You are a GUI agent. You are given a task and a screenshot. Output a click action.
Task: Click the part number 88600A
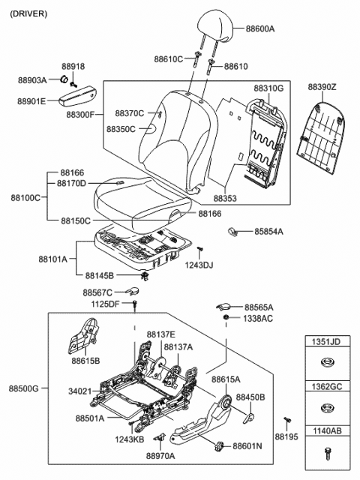(260, 28)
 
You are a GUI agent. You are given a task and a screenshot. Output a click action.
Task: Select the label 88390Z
(322, 87)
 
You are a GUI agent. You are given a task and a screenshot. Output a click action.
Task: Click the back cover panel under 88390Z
(321, 124)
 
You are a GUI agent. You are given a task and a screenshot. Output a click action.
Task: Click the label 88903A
(32, 79)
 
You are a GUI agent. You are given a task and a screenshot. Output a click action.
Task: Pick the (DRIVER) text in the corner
(29, 13)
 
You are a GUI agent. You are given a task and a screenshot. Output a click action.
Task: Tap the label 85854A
(268, 232)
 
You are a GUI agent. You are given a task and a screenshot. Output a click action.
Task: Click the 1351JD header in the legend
(325, 342)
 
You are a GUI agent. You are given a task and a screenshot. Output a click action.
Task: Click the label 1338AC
(257, 319)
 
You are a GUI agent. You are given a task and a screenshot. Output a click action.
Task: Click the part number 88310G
(268, 88)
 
